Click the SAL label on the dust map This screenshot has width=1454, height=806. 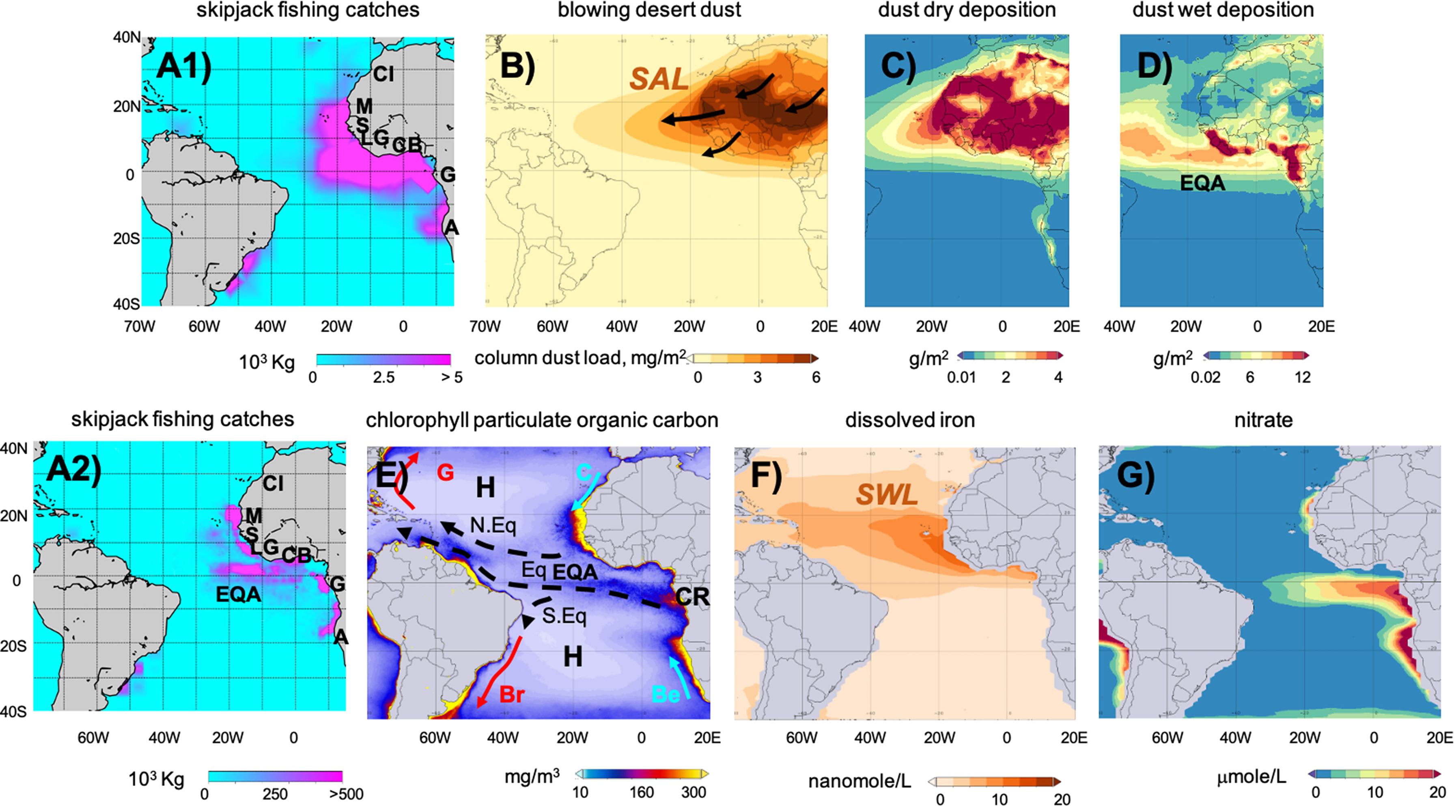[x=659, y=79]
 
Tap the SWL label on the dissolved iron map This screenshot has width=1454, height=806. [x=887, y=494]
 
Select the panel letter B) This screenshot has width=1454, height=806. [x=517, y=66]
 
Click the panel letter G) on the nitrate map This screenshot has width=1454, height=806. [x=1136, y=475]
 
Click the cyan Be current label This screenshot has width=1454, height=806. [x=666, y=694]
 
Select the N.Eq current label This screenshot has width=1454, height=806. [x=493, y=526]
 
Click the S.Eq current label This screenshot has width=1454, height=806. [x=564, y=615]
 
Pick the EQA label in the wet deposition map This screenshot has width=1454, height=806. [x=1203, y=183]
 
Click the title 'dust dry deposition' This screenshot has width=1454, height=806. [x=967, y=10]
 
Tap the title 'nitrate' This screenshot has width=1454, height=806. [x=1263, y=420]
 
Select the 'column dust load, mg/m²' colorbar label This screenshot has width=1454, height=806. [x=579, y=358]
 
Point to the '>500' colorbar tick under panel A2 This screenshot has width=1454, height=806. [x=346, y=794]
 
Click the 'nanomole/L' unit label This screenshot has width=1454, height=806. [x=859, y=781]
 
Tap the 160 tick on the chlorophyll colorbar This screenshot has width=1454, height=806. [x=641, y=793]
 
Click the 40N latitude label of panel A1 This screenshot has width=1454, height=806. [x=127, y=37]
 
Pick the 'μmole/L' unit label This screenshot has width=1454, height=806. [x=1252, y=777]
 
